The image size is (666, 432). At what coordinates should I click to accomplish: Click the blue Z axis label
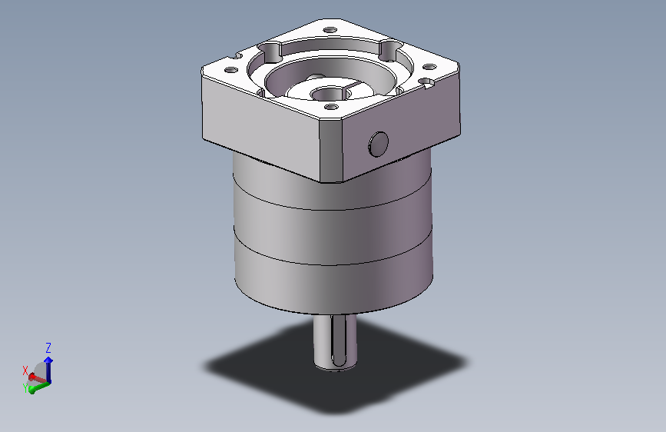[48, 348]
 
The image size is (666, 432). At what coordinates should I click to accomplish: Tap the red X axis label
[25, 371]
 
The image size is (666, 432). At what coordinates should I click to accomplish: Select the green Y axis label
[25, 387]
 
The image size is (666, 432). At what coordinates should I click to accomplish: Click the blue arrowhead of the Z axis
[48, 361]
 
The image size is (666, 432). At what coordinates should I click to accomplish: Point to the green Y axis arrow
[40, 387]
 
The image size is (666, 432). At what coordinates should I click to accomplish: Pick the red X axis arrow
[37, 377]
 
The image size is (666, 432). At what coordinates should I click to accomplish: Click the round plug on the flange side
[378, 145]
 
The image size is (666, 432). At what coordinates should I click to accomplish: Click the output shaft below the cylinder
[335, 343]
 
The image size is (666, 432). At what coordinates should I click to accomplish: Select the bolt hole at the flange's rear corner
[330, 30]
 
